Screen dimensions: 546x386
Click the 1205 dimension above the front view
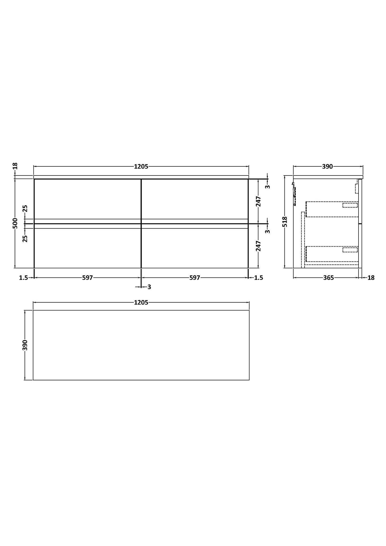coord(141,167)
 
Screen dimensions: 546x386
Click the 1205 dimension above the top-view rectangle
coord(141,303)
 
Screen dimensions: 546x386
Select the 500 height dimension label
coord(15,223)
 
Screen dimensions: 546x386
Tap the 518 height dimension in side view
coord(285,222)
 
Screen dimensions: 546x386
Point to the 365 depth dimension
coord(328,278)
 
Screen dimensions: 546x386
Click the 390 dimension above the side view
coord(327,167)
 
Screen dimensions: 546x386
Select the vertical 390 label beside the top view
coord(25,345)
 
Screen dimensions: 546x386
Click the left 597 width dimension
coord(87,278)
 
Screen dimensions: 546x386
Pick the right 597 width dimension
coord(195,278)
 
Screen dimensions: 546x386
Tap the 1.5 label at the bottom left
coord(23,278)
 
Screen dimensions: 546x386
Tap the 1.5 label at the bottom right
coord(259,278)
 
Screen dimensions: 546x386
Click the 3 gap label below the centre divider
coord(149,287)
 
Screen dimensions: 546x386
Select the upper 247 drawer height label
coord(258,201)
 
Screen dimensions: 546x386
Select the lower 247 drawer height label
coord(258,246)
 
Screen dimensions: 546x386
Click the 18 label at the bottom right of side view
coord(371,278)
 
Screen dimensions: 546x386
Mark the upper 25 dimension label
coord(25,208)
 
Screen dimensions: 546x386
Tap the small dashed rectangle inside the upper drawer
coord(350,205)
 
